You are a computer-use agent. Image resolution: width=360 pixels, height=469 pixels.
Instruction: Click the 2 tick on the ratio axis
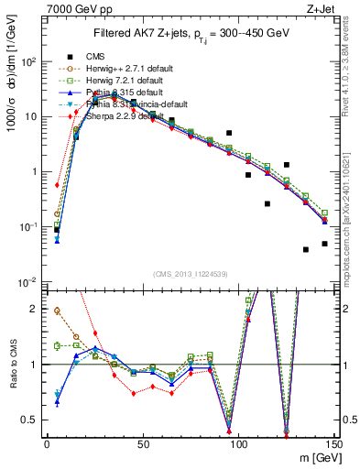(36, 309)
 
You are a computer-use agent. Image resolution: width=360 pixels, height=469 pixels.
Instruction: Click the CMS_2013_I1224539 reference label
(190, 272)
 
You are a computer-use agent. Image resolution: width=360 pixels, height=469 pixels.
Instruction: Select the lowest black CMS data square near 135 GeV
(306, 249)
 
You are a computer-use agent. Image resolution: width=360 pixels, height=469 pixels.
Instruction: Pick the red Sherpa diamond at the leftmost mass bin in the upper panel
(57, 185)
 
